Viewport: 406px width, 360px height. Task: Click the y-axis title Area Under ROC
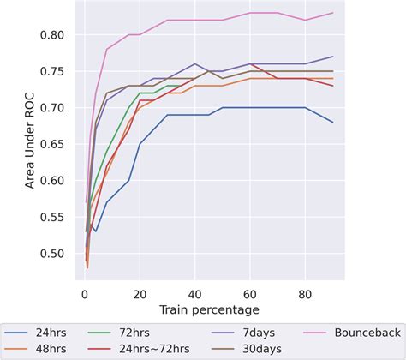(31, 141)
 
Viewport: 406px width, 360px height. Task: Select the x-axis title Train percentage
(209, 308)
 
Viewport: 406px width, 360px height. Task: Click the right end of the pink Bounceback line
(333, 13)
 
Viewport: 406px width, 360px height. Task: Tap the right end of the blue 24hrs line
(333, 122)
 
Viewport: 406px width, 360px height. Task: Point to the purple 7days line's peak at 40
(195, 63)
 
